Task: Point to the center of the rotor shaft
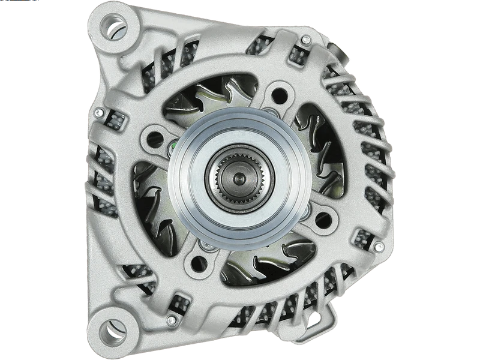(239, 178)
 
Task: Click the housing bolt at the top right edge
(306, 40)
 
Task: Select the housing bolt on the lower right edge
(379, 247)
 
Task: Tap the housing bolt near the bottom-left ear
(172, 320)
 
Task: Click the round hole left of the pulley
(155, 139)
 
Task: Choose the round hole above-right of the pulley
(279, 95)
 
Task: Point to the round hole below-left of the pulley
(200, 263)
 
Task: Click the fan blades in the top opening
(210, 96)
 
